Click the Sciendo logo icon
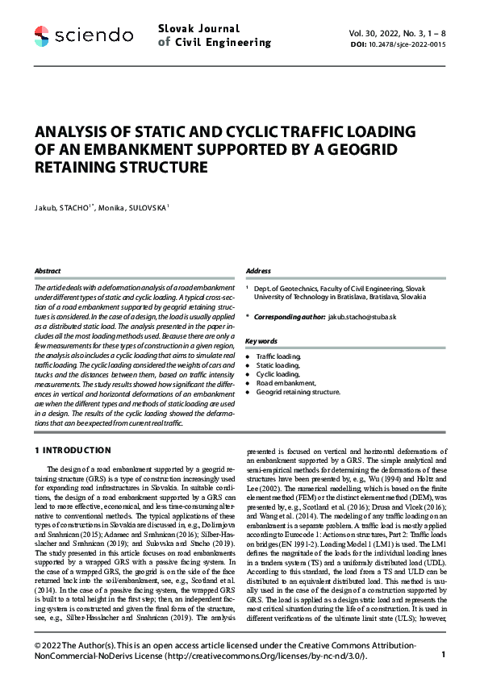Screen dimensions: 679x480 (43, 35)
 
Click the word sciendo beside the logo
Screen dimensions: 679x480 (94, 35)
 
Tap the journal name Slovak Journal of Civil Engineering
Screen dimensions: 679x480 (215, 35)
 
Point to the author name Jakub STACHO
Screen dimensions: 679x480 (64, 207)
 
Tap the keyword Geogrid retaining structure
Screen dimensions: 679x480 (298, 392)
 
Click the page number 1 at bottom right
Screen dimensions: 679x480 (444, 656)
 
